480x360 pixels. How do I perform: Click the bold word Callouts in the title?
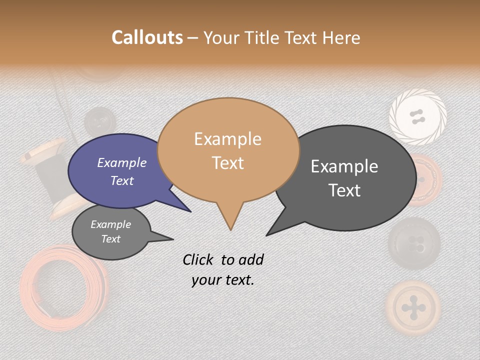[147, 37]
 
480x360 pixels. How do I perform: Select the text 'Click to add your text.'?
[223, 269]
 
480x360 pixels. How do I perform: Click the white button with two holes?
[417, 117]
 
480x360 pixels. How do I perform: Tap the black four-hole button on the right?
[414, 243]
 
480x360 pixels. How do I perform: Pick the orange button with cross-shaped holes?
[413, 306]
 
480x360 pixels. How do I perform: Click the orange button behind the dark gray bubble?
[425, 180]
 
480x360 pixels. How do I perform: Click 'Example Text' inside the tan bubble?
[228, 150]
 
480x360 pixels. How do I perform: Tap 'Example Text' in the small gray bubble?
[111, 231]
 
